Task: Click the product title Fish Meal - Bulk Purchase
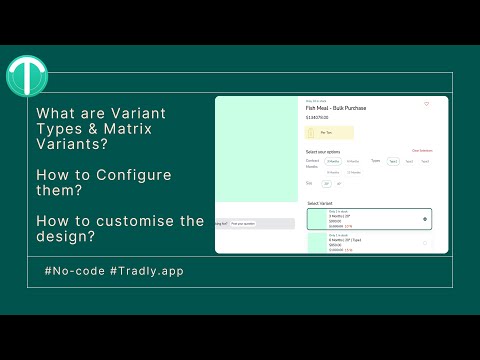338,108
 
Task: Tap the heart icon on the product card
426,104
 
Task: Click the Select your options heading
324,151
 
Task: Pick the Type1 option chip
393,161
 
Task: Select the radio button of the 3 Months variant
426,218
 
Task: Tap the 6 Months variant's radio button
426,243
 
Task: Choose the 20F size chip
325,184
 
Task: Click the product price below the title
318,117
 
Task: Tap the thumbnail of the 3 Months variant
318,218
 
